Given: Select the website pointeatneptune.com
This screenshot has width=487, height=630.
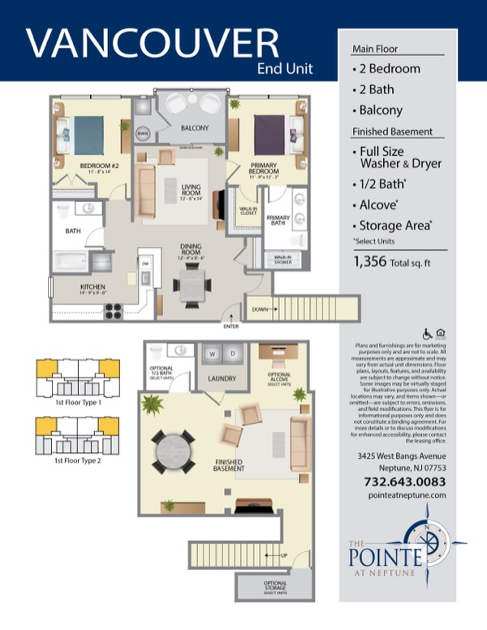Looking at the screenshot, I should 405,494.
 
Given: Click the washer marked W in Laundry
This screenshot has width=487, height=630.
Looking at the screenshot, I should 212,354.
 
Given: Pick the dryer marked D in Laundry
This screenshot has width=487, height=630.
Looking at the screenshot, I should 232,354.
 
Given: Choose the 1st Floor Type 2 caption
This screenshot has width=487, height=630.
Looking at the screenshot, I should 77,460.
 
